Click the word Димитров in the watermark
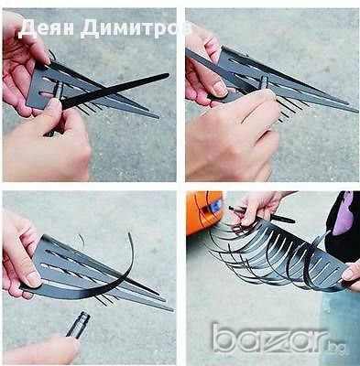point(136,29)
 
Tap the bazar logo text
point(269,338)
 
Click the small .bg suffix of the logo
point(338,346)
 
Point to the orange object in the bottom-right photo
point(203,213)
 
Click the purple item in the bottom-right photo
point(343,213)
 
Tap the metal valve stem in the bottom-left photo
point(78,325)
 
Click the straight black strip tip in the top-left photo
point(168,74)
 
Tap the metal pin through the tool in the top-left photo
point(58,91)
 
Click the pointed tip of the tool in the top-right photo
point(356,111)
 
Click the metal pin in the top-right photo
point(264,81)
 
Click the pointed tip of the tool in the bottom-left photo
point(172,309)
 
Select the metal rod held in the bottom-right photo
point(262,214)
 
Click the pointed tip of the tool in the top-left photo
point(158,117)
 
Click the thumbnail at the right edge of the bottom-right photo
point(348,274)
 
